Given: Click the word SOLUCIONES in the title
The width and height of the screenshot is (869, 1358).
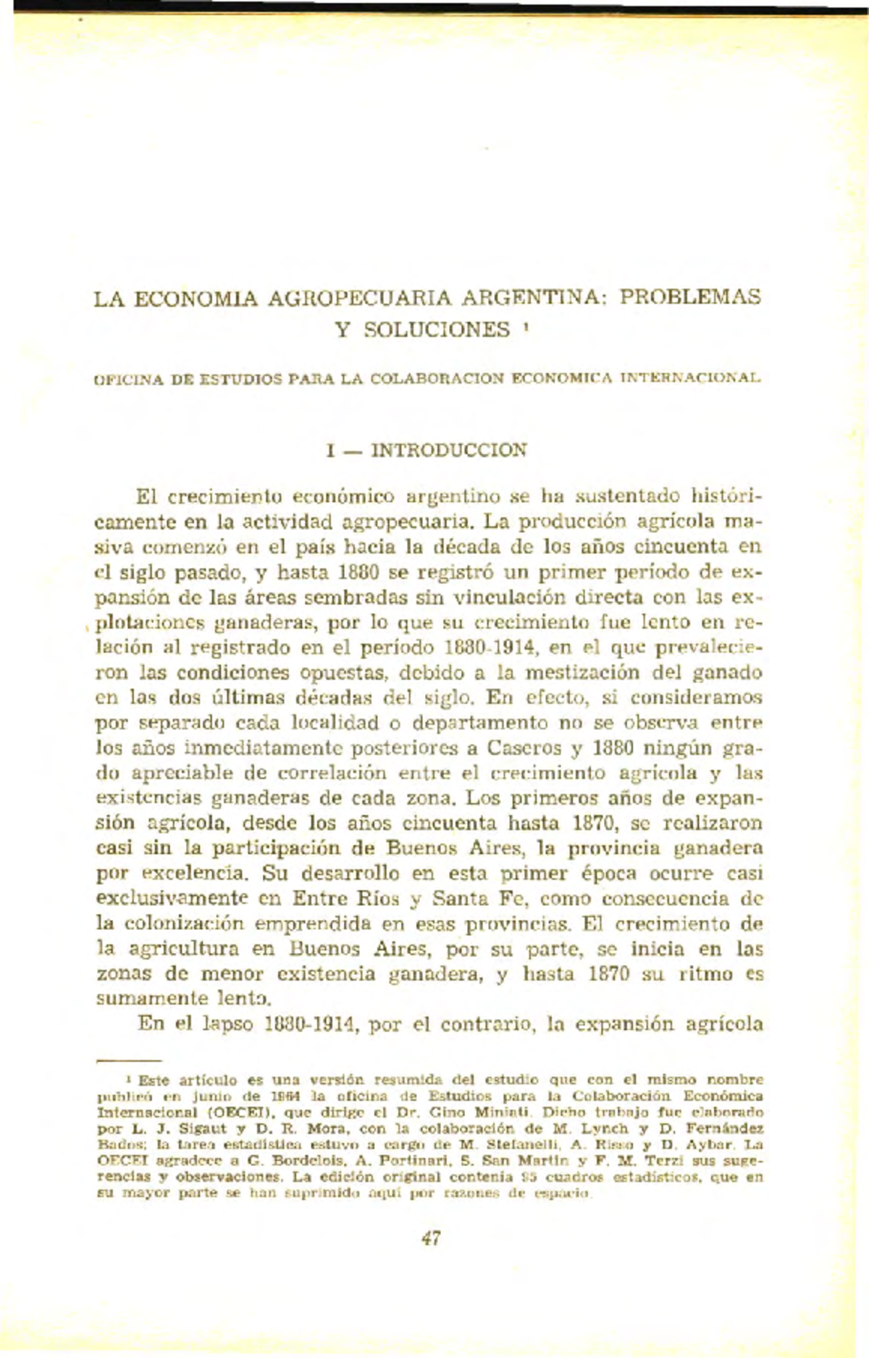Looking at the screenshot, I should pos(437,330).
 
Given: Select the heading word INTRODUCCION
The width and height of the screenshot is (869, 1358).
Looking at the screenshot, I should pos(449,450).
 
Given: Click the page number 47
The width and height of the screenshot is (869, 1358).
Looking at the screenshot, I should pos(431,1238).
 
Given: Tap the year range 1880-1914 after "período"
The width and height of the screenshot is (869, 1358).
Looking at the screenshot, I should pos(490,647).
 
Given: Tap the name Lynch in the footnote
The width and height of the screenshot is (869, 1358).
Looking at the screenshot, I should pos(608,1128).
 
